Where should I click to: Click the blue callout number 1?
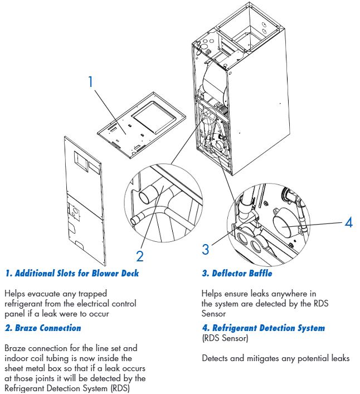(x=91, y=81)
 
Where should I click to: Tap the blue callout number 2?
(x=140, y=256)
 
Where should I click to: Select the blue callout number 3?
(x=206, y=249)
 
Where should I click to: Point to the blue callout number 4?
(x=348, y=222)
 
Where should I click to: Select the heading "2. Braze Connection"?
(x=43, y=328)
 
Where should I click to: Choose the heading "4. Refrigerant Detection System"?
(x=263, y=328)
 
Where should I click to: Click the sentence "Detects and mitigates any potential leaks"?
(x=275, y=358)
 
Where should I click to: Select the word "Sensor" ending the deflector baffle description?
(x=214, y=314)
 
